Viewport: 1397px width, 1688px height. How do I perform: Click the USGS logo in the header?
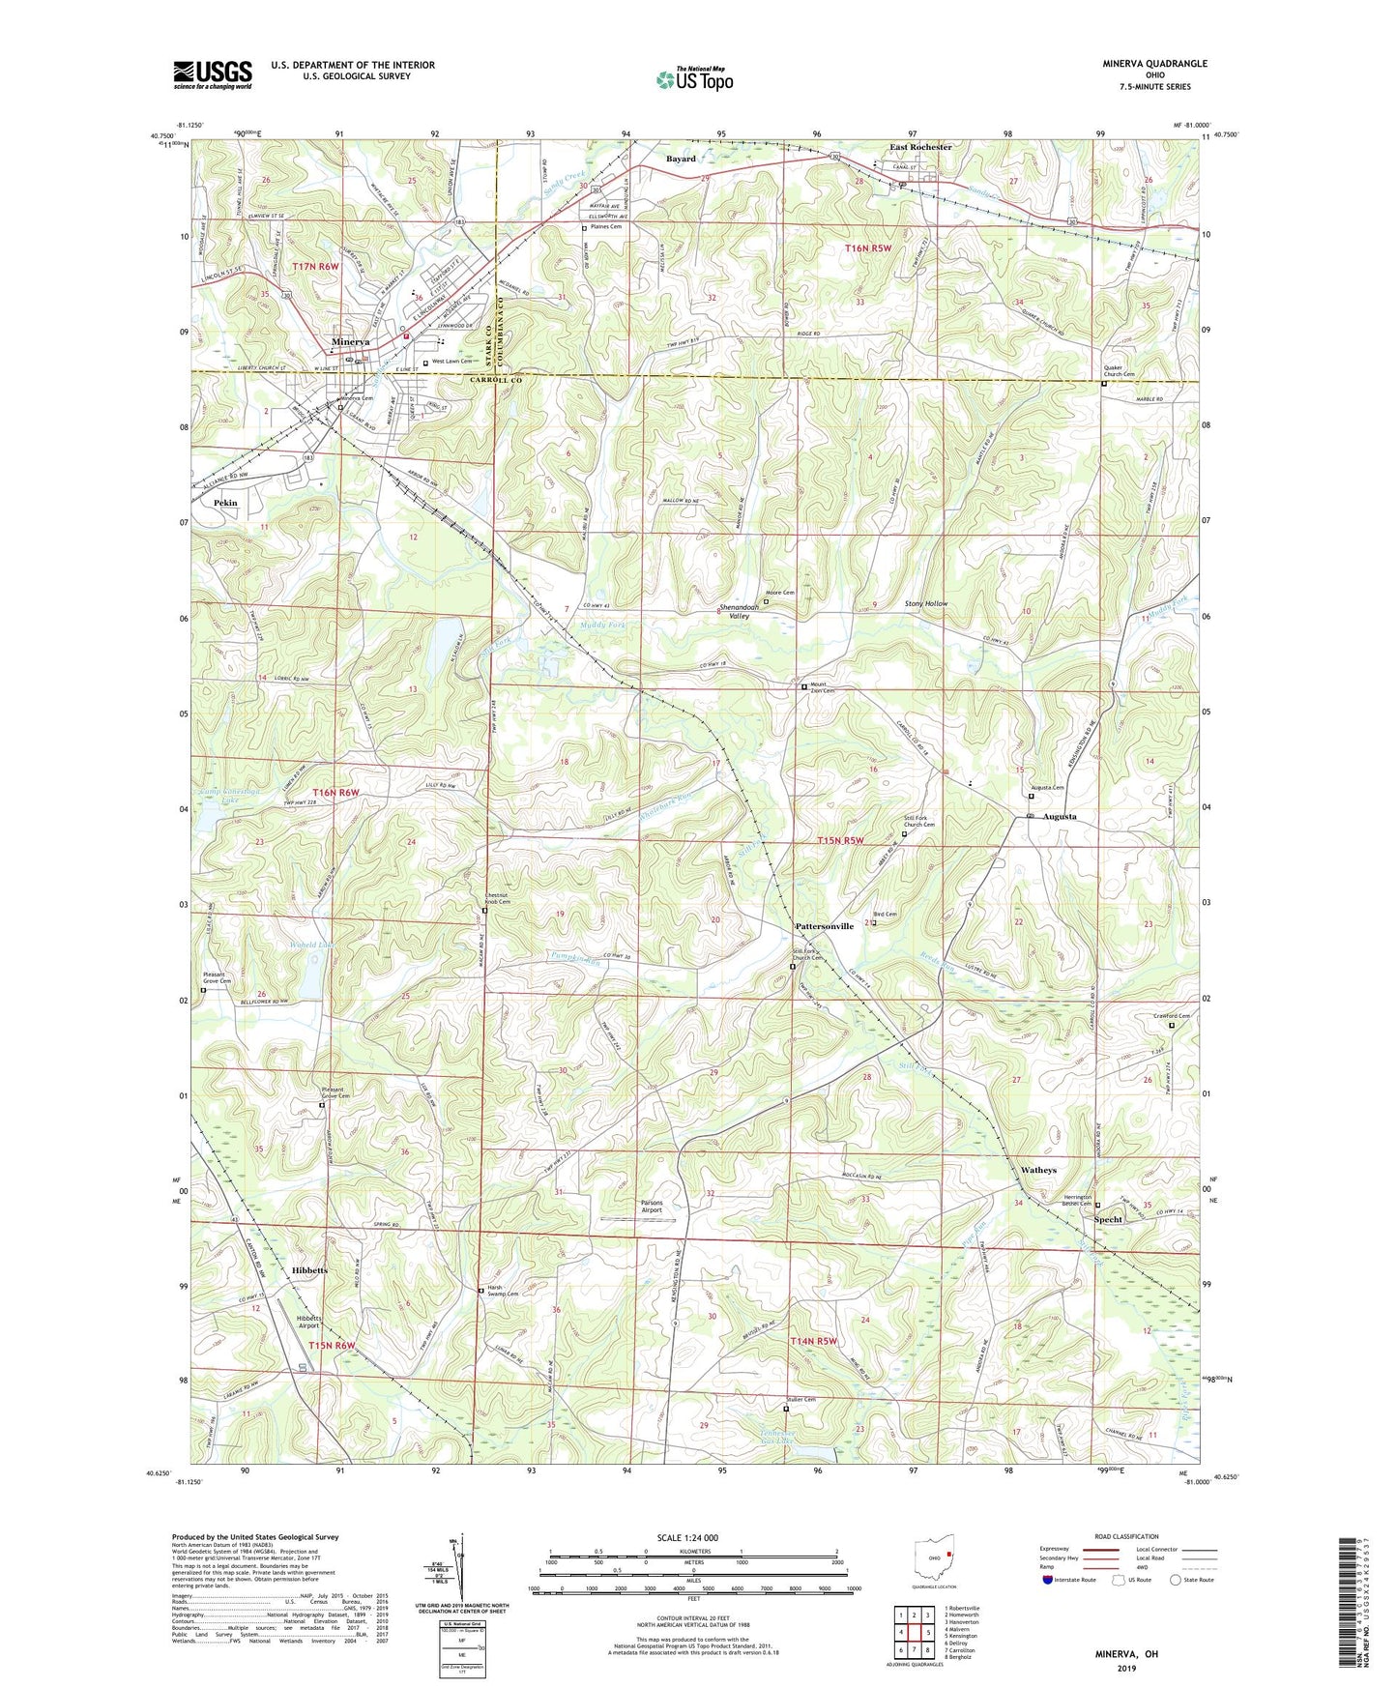[213, 74]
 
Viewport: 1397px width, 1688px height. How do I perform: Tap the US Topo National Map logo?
[693, 79]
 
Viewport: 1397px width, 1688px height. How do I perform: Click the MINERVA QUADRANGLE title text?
[1154, 64]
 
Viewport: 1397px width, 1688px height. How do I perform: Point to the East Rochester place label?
[919, 147]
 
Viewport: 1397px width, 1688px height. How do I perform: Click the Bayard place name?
[680, 159]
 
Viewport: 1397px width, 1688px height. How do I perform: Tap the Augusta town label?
[1058, 817]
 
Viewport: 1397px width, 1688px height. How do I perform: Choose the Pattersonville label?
[824, 926]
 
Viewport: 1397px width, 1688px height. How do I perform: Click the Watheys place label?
[1038, 1170]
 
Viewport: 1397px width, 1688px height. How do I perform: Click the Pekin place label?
[225, 503]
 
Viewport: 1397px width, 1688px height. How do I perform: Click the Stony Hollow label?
[925, 604]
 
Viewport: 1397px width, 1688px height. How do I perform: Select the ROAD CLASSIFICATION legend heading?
[1126, 1536]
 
